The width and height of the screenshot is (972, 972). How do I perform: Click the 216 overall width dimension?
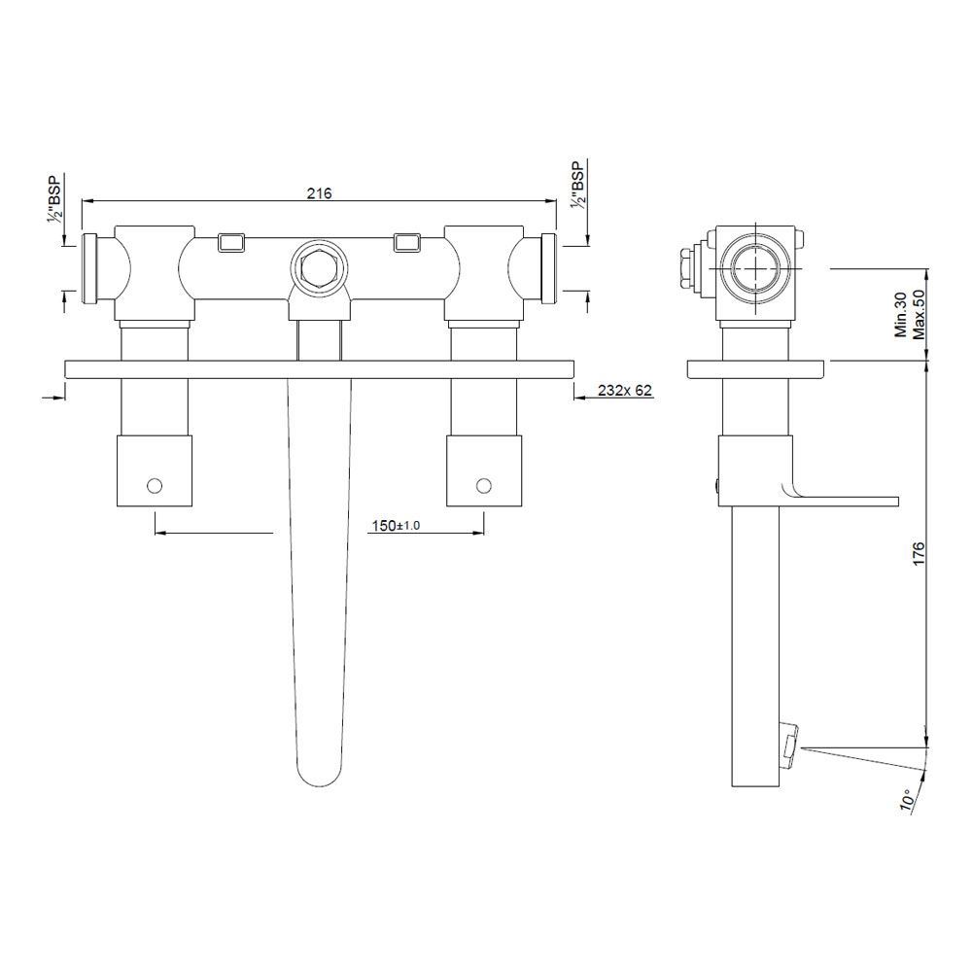pyautogui.click(x=320, y=193)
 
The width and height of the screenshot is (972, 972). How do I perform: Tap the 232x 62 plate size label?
pyautogui.click(x=624, y=391)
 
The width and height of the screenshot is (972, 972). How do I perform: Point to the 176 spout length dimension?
pyautogui.click(x=917, y=552)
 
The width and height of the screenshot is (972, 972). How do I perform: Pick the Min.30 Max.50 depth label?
pyautogui.click(x=908, y=312)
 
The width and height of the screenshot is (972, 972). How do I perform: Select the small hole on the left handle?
pyautogui.click(x=154, y=483)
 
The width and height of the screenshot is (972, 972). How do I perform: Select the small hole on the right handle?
pyautogui.click(x=482, y=483)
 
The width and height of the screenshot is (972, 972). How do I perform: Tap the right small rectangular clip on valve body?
pyautogui.click(x=407, y=241)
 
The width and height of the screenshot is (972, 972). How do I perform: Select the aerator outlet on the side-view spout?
pyautogui.click(x=790, y=743)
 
